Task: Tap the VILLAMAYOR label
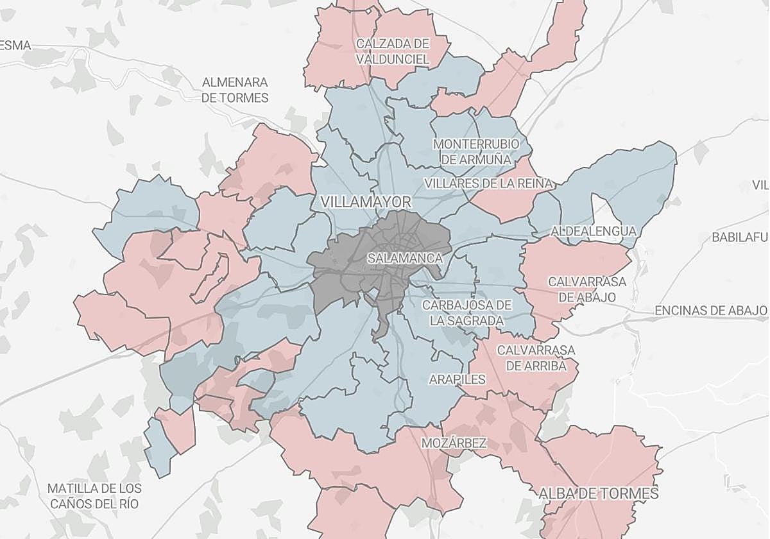pyautogui.click(x=366, y=201)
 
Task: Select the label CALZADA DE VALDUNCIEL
pyautogui.click(x=393, y=51)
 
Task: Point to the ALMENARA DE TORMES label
pyautogui.click(x=235, y=90)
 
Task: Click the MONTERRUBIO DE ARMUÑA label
pyautogui.click(x=476, y=151)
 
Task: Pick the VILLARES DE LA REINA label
pyautogui.click(x=488, y=184)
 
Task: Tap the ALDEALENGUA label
pyautogui.click(x=594, y=231)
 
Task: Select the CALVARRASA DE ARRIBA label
pyautogui.click(x=536, y=358)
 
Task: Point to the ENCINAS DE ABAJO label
pyautogui.click(x=711, y=311)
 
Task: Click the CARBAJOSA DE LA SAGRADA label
pyautogui.click(x=467, y=312)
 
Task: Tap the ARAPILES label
pyautogui.click(x=458, y=379)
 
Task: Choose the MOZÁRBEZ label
pyautogui.click(x=454, y=443)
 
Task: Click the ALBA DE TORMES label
pyautogui.click(x=598, y=493)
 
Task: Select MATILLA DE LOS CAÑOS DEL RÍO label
pyautogui.click(x=94, y=495)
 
